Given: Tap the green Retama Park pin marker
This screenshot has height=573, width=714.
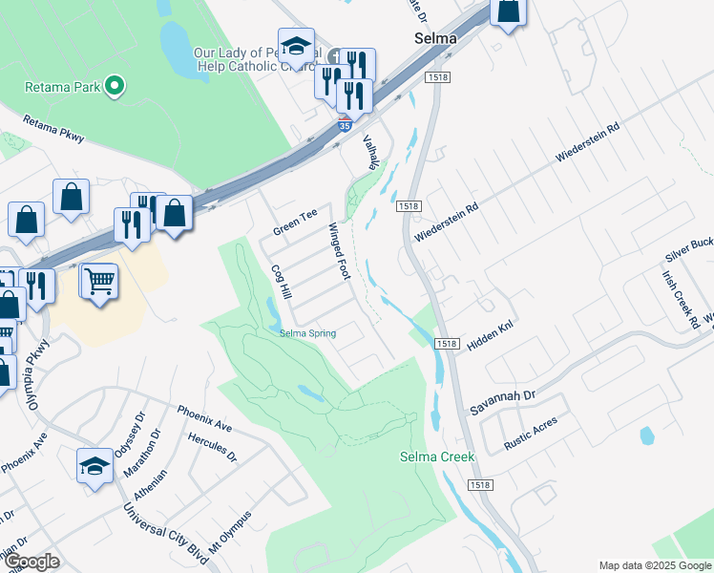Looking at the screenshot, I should click(x=115, y=87).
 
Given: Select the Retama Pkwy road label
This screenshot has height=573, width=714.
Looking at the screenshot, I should click(x=52, y=131).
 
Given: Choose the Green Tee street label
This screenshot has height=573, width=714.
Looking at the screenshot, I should click(x=294, y=223).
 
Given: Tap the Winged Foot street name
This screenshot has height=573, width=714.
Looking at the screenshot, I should click(x=340, y=251).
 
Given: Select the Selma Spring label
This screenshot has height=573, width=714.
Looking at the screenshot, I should click(x=307, y=333).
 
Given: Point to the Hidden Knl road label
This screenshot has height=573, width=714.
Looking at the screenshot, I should click(x=492, y=334).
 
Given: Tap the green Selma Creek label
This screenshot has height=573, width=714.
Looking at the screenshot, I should click(x=436, y=456).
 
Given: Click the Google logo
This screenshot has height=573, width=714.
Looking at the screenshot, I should click(x=31, y=561).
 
